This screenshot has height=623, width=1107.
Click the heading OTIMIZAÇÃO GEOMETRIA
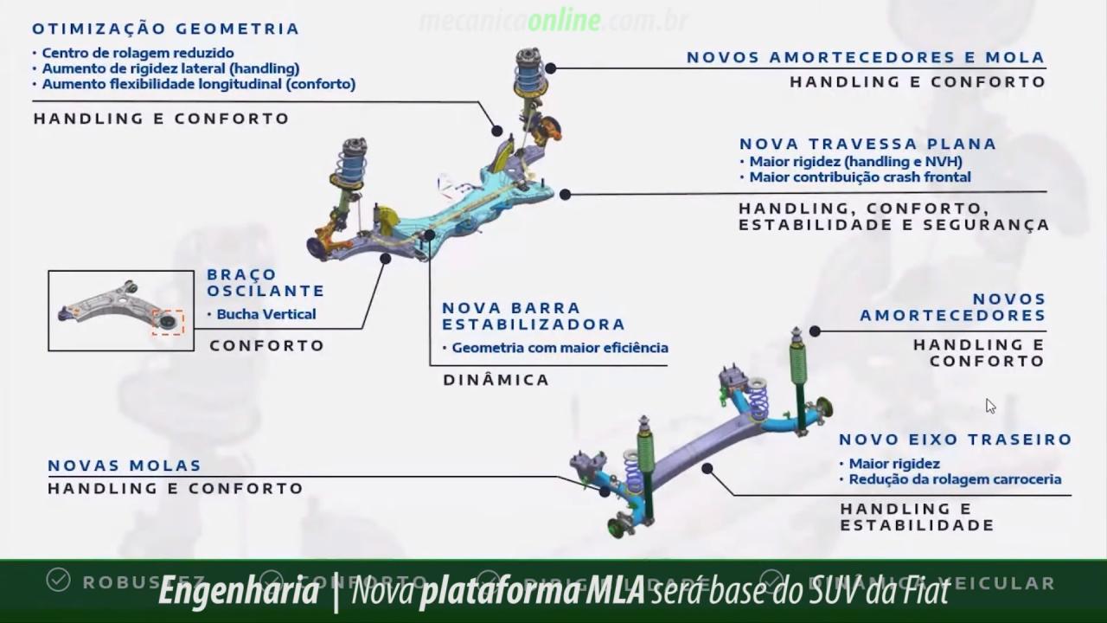(165, 29)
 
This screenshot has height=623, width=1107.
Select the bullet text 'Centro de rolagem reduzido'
(138, 53)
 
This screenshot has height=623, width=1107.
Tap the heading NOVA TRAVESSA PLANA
(867, 144)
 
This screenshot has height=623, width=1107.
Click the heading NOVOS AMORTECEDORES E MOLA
(866, 57)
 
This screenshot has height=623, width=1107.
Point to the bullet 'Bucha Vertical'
(266, 314)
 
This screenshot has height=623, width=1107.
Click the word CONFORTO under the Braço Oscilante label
(266, 345)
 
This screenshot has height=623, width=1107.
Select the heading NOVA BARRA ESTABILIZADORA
(533, 316)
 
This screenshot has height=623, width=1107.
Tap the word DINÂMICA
(496, 380)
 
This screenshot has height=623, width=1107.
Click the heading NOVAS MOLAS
(125, 466)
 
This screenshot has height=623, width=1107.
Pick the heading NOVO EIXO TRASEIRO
(955, 440)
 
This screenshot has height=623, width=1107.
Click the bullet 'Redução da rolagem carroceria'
(954, 479)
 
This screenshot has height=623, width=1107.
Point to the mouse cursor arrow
(989, 404)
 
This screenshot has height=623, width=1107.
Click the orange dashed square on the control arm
(168, 322)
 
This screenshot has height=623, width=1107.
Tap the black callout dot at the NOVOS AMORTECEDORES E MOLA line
(550, 68)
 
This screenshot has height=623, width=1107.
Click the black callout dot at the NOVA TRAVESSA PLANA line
(565, 195)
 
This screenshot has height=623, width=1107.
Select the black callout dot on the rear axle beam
(707, 468)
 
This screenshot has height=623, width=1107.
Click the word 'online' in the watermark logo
(564, 21)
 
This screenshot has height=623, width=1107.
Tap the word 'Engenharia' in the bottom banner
(239, 592)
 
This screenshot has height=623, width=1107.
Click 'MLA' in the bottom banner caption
(615, 592)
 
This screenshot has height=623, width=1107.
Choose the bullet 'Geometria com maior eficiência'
(559, 348)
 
